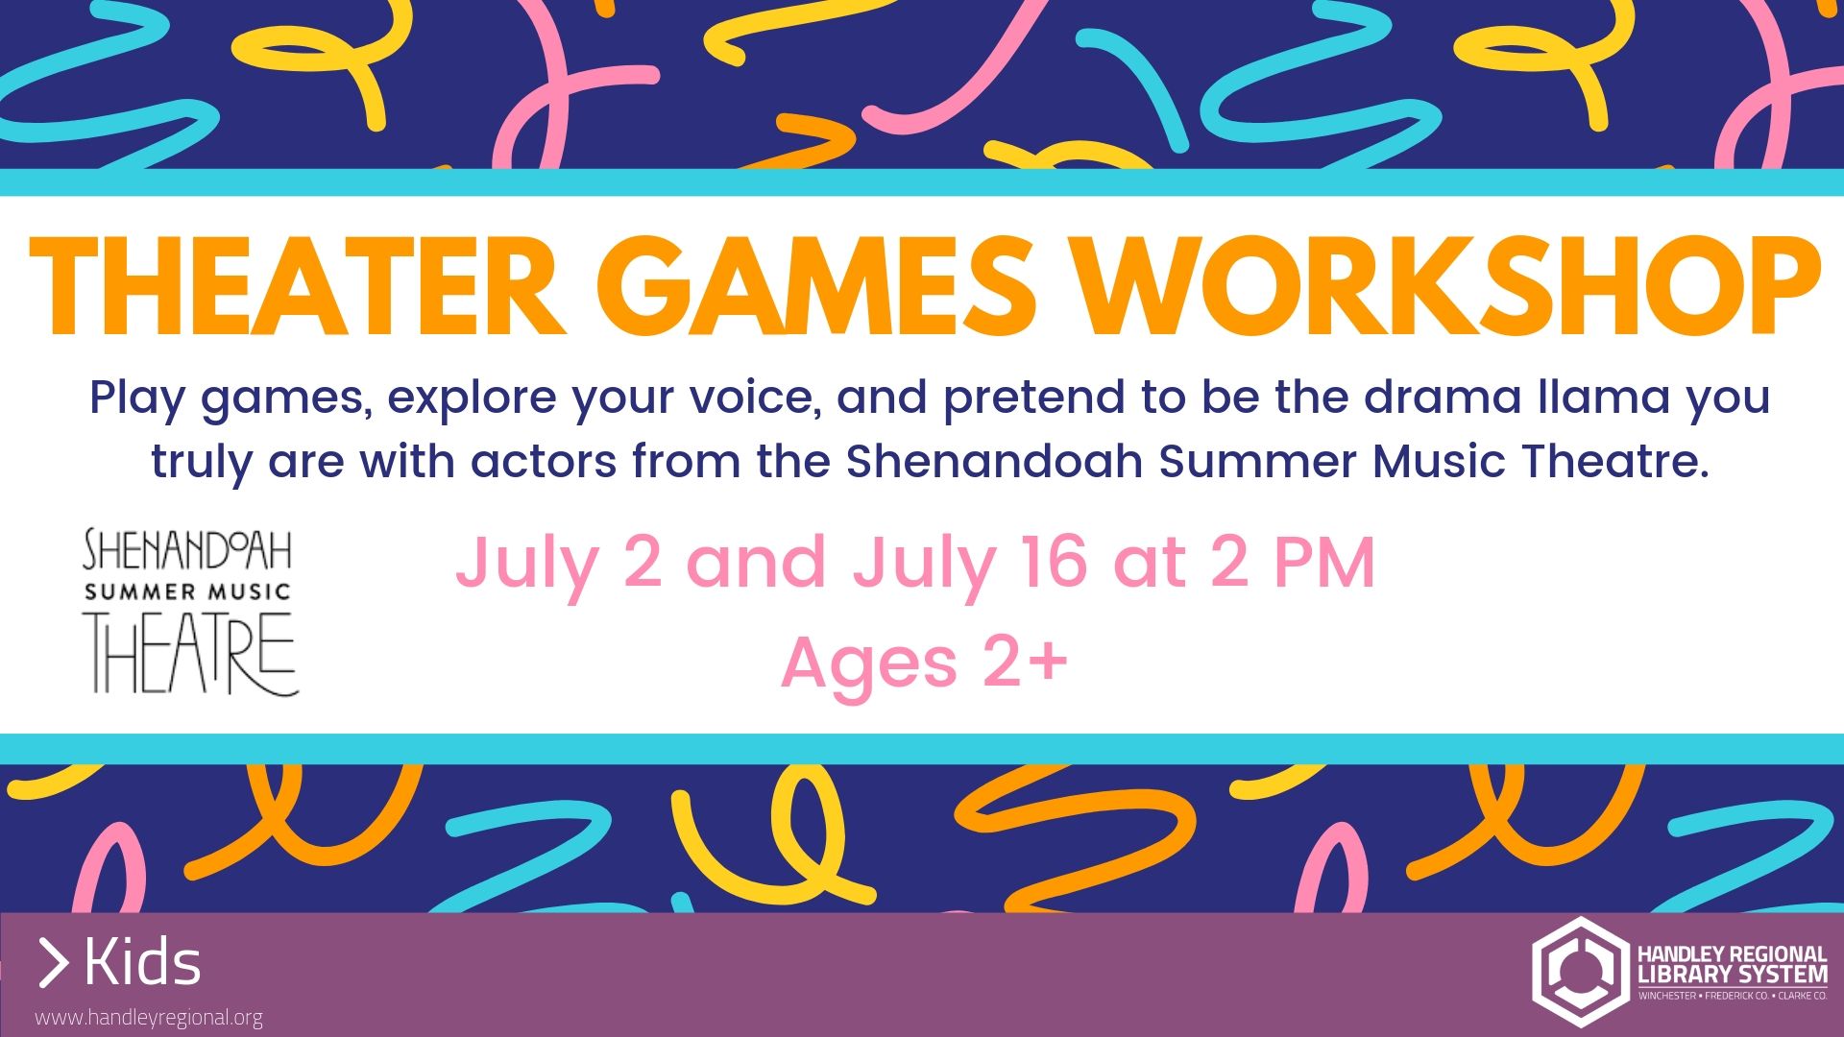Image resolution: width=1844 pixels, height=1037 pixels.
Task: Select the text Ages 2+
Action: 924,663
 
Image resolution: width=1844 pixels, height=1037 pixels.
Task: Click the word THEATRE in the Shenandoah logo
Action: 191,653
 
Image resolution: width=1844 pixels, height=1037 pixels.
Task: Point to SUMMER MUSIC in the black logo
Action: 188,591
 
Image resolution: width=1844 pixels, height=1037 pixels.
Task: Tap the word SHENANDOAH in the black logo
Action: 188,550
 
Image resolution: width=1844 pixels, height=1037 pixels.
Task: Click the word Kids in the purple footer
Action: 143,963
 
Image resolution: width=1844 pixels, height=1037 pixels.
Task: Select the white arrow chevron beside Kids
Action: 54,964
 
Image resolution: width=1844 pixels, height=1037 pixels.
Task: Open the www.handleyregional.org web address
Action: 149,1018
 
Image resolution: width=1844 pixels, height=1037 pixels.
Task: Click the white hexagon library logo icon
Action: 1580,971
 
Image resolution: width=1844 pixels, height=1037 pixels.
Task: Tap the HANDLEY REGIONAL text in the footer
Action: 1732,954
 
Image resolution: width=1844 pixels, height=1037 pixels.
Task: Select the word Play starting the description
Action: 137,397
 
